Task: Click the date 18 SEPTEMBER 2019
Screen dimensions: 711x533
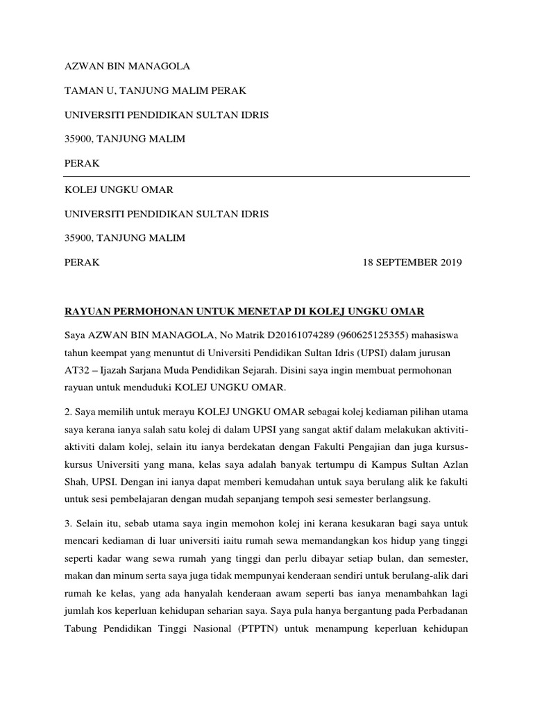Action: (x=412, y=262)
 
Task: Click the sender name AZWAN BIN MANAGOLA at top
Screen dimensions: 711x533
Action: (x=126, y=67)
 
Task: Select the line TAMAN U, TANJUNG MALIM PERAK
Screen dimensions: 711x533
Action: (x=155, y=90)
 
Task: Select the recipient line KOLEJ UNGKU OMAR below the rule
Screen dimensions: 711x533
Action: (x=119, y=190)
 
